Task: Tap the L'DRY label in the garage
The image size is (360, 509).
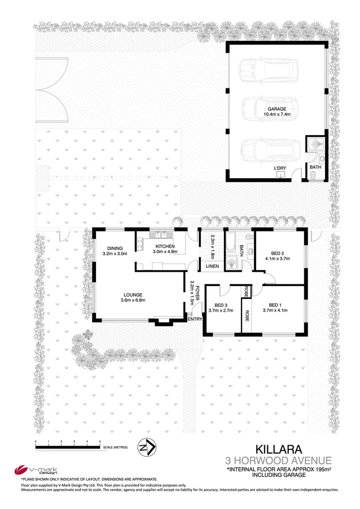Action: [279, 168]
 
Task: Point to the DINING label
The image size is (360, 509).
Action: [114, 248]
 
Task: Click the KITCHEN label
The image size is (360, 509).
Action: [163, 246]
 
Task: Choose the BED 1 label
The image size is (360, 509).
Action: [275, 305]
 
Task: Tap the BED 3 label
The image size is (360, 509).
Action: [221, 305]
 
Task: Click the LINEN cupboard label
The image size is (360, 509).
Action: [212, 266]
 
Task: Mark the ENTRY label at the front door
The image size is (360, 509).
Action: [195, 319]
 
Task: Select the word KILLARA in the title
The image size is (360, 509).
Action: [278, 449]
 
